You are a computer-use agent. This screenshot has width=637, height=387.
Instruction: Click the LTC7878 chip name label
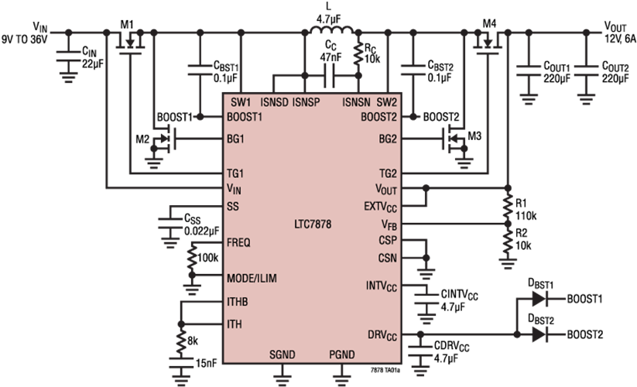coord(313,225)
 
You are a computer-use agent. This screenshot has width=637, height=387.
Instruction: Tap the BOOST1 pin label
coord(245,118)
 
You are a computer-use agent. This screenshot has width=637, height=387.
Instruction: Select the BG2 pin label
coord(388,139)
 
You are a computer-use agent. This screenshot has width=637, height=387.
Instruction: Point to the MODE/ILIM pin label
coord(252,278)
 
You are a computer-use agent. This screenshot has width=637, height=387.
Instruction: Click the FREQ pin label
coord(238,242)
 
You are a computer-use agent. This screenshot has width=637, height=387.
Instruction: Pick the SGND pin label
coord(282,354)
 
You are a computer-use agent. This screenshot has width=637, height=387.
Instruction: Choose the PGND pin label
coord(341,354)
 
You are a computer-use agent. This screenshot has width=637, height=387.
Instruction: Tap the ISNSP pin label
coord(307,101)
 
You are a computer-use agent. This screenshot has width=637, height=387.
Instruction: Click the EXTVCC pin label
coord(380,207)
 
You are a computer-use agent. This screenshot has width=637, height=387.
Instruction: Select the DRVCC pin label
coord(382,335)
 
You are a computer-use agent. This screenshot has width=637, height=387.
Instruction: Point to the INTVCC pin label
coord(382,286)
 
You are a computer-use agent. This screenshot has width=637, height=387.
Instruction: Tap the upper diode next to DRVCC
coord(539,298)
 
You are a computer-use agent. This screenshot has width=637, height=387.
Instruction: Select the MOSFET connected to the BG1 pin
coord(164,140)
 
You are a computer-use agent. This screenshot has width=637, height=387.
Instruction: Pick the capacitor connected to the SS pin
coord(170,226)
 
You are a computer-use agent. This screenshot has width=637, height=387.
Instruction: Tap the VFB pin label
coord(389,224)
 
